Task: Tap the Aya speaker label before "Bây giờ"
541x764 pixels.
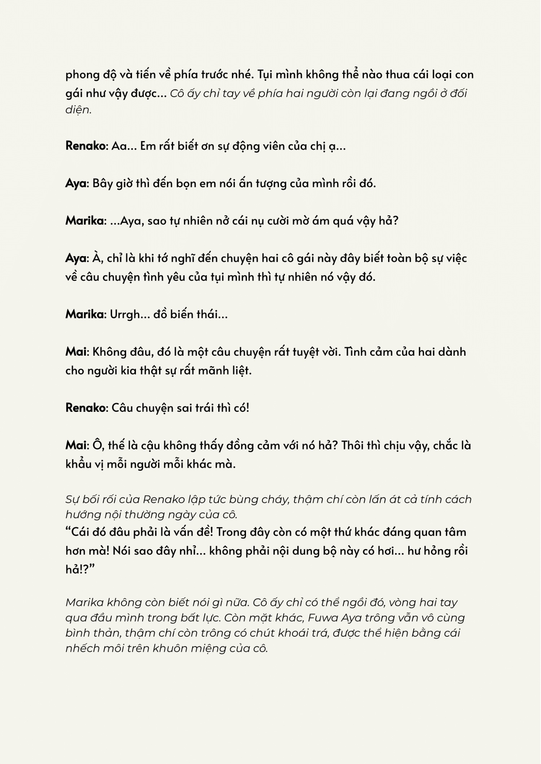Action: tap(76, 183)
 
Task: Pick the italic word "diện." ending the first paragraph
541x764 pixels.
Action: tap(79, 110)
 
